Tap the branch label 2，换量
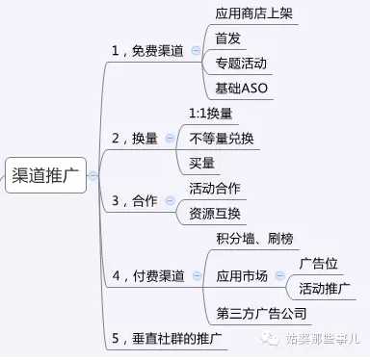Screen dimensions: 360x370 tap(135, 139)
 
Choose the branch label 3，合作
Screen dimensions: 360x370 tap(135, 201)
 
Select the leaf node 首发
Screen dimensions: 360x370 tap(229, 39)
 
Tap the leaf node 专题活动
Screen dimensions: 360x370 tap(242, 64)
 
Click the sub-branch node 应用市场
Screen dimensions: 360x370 tap(243, 274)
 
